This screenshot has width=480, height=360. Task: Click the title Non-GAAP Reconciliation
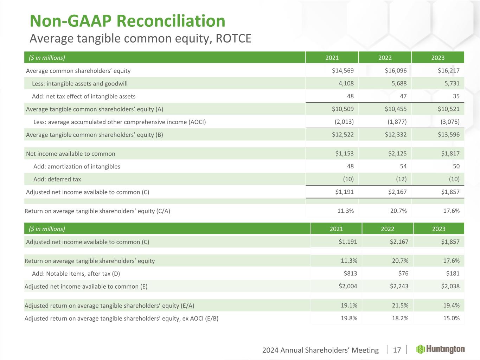pos(127,21)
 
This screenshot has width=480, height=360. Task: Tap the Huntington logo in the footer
pos(440,349)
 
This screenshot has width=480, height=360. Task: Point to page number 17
pos(397,350)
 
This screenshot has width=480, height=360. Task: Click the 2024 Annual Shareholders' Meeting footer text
pos(320,350)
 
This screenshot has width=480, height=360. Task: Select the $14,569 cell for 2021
pos(343,71)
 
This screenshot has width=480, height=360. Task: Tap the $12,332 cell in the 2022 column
pos(396,135)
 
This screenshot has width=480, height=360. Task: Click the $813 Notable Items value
pos(350,274)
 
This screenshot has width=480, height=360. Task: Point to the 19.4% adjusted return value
pos(451,306)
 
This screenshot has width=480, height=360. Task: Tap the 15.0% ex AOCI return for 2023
pos(451,319)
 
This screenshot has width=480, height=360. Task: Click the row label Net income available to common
pos(71,154)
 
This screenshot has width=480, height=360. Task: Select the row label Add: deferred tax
pos(57,179)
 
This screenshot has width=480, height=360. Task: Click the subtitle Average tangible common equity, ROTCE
pos(140,38)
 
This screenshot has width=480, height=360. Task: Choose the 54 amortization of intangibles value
pos(403,167)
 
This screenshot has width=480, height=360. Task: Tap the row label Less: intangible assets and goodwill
pos(79,84)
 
